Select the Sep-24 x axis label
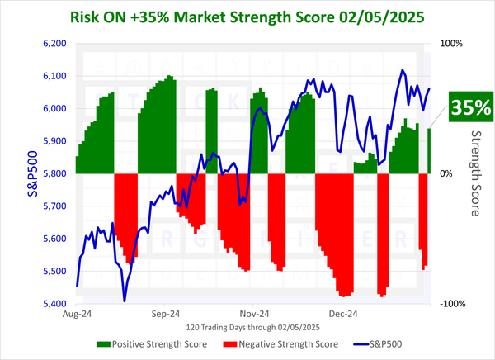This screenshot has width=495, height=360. [x=165, y=315]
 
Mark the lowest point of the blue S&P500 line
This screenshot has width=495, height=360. [x=125, y=301]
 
